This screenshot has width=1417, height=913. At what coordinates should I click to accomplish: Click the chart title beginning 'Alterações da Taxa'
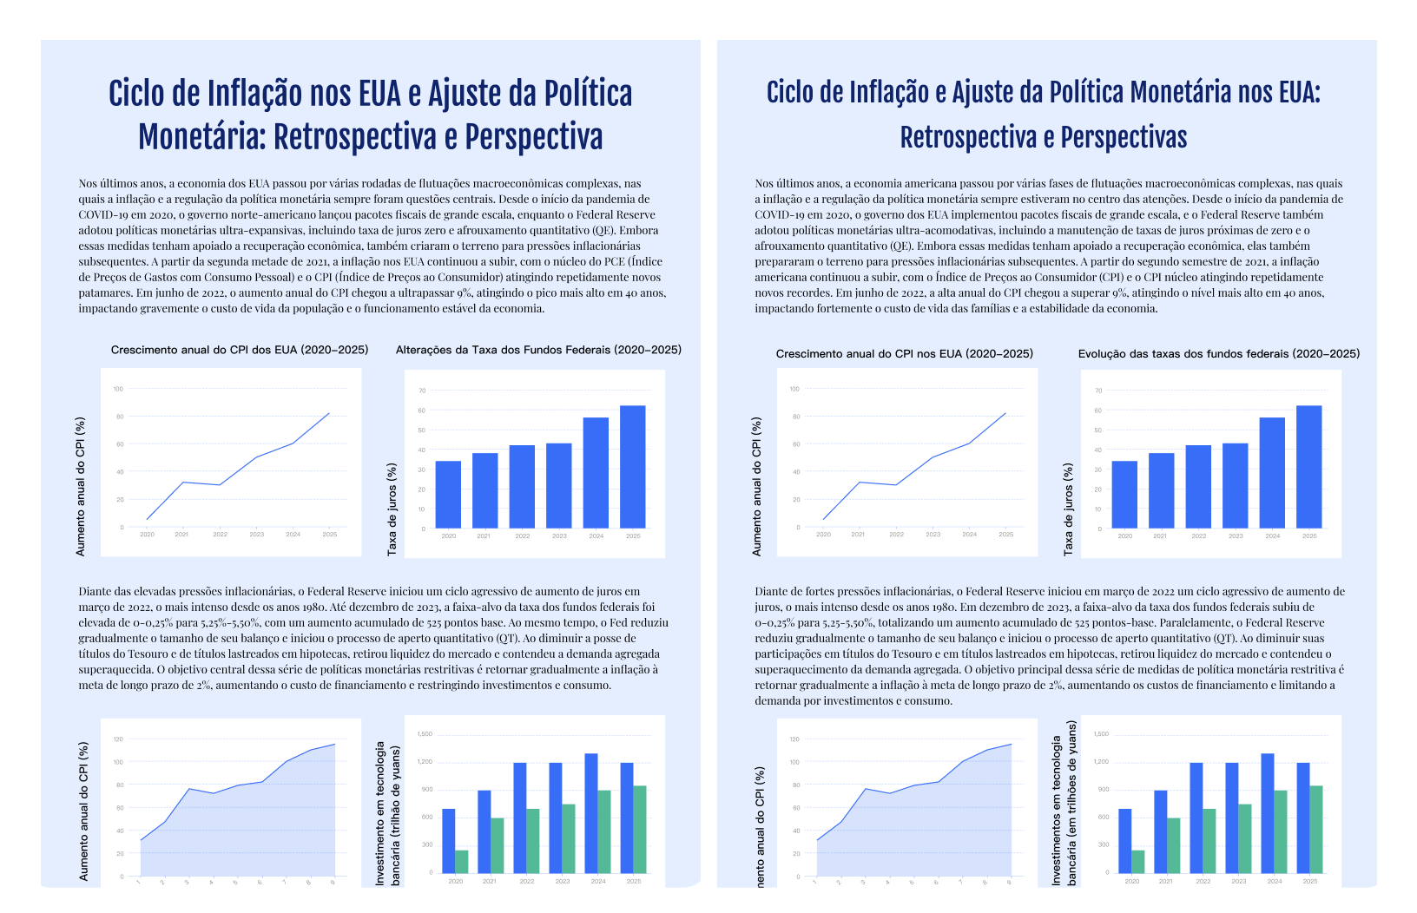[538, 350]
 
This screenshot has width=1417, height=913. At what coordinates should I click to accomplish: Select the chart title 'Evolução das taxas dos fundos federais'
[1218, 353]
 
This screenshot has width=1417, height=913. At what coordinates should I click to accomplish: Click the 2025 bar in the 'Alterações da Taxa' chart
[633, 467]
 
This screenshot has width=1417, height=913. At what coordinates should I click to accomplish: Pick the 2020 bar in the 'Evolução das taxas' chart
[1124, 495]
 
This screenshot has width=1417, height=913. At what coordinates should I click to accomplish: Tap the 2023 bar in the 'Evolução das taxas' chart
[1236, 486]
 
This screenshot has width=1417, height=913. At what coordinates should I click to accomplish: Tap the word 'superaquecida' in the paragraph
[115, 670]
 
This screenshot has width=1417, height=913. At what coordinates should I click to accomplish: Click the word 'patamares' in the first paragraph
[105, 293]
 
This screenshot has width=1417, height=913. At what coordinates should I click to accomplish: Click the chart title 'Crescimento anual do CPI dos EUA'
[240, 350]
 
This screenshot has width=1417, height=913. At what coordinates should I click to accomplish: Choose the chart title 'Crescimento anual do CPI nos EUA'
[905, 353]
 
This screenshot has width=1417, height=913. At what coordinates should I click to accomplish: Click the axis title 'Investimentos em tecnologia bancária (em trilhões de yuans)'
[1064, 803]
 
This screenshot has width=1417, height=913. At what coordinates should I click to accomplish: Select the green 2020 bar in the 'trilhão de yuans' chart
[462, 861]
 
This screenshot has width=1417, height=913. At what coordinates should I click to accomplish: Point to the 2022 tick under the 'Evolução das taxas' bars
[1198, 536]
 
